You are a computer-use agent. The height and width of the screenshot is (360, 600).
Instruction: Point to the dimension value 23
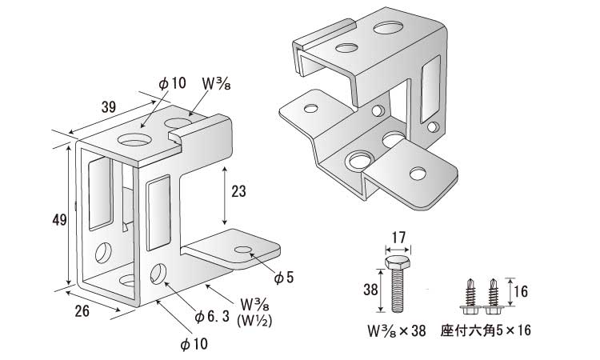pos(238,192)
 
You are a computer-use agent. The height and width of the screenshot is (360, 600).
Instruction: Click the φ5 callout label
pos(285,277)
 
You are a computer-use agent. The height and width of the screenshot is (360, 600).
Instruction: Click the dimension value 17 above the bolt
pos(398,237)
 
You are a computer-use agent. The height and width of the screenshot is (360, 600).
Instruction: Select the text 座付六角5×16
pos(486,330)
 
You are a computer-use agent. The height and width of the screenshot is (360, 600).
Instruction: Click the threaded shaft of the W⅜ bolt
pos(398,292)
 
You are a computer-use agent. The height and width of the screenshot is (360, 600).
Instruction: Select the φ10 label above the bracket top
pos(172,83)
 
